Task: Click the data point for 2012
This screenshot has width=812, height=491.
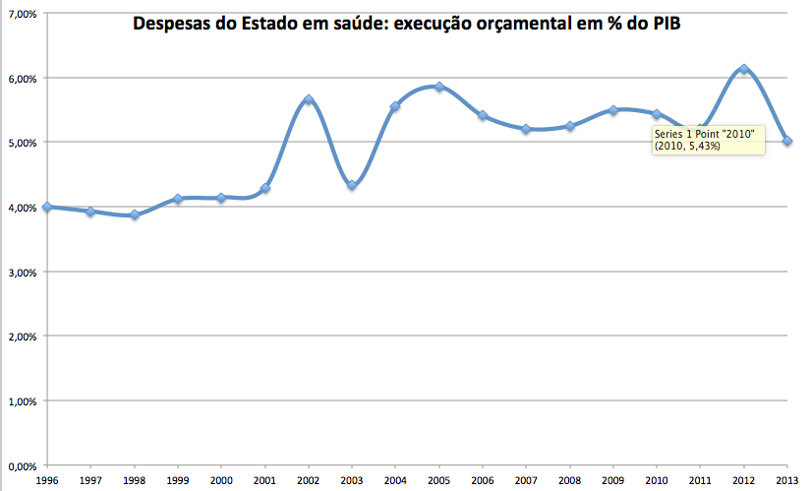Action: (744, 70)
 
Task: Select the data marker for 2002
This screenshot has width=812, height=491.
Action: (309, 99)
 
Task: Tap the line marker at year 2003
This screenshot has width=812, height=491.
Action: (352, 185)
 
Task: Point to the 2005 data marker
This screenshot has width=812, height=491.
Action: (439, 87)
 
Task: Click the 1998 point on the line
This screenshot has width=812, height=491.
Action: (135, 215)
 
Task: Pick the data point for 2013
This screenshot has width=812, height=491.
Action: (787, 141)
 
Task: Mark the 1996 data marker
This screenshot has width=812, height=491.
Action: (47, 207)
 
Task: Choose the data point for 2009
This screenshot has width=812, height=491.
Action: (613, 110)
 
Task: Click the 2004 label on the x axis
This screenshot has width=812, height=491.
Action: (396, 481)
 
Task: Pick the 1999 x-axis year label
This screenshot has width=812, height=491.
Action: (178, 481)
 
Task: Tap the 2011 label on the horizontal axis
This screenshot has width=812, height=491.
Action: (700, 481)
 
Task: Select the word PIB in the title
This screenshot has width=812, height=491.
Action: (664, 24)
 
